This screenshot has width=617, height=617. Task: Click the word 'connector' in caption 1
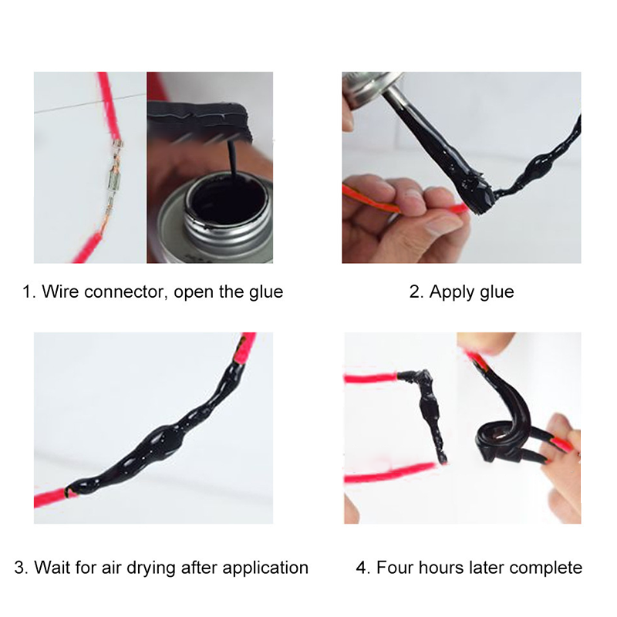coord(123,292)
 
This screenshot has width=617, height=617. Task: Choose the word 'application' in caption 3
coord(266,568)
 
